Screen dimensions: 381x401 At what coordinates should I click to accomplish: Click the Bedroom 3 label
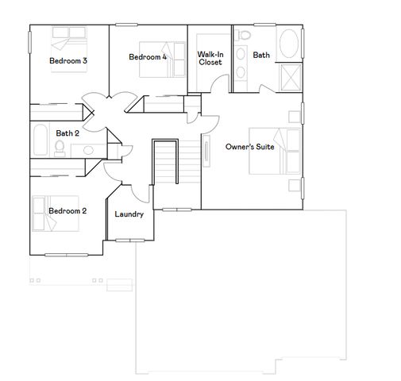(67, 60)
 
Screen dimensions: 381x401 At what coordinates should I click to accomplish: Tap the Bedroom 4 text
(148, 56)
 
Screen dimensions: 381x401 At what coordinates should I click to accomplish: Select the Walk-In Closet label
(210, 58)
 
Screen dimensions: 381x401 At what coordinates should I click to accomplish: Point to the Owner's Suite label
(249, 147)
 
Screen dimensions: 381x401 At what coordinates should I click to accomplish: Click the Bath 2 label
(67, 133)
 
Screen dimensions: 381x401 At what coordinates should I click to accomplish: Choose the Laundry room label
(129, 214)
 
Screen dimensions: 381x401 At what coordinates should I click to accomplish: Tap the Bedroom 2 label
(67, 210)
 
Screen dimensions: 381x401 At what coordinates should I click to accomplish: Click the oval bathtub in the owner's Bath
(291, 44)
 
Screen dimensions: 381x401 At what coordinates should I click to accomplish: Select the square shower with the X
(291, 77)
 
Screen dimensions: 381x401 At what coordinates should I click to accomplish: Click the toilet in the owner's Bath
(243, 36)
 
